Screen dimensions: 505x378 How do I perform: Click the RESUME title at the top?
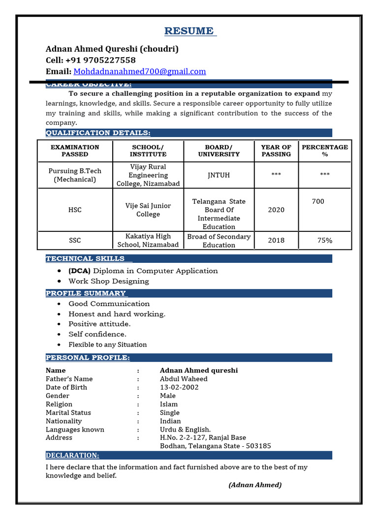click(189, 32)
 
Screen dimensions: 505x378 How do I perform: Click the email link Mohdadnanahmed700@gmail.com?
click(140, 72)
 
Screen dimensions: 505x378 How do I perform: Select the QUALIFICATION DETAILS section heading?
click(98, 133)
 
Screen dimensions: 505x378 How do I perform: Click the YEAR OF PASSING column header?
click(276, 150)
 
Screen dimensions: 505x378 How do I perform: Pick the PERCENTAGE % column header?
click(324, 150)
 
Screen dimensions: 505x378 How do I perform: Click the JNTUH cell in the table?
click(219, 175)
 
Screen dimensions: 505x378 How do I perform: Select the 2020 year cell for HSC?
click(276, 210)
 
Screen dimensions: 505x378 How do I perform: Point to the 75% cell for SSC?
click(324, 241)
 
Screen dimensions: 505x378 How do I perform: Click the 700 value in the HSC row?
click(318, 201)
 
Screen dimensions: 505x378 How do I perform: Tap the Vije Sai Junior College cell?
click(148, 210)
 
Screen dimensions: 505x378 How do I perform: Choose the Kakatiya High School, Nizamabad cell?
click(148, 241)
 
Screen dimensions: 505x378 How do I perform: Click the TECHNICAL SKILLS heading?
click(85, 258)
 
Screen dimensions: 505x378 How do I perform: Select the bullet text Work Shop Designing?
click(108, 281)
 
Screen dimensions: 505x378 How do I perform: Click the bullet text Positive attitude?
click(99, 324)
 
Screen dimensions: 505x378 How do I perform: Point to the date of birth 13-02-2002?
click(179, 387)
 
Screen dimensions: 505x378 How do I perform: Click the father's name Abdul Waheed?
click(184, 379)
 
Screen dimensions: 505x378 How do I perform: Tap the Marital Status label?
click(68, 412)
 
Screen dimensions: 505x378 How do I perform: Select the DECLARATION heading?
click(72, 455)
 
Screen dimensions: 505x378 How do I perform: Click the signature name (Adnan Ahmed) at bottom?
click(255, 485)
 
